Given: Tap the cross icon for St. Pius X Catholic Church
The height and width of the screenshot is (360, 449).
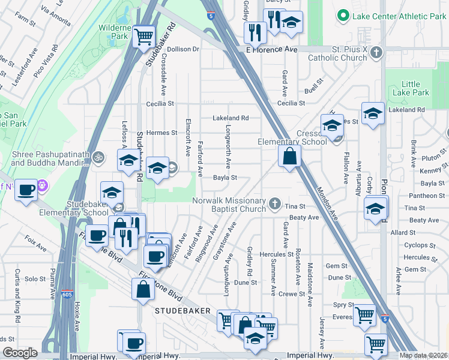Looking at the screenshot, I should coord(376,52).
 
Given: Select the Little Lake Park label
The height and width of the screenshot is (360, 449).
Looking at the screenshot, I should coord(415,88).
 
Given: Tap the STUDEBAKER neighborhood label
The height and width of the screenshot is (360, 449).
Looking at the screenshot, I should coord(182,311).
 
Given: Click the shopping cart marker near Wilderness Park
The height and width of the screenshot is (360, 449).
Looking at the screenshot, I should coord(144,37).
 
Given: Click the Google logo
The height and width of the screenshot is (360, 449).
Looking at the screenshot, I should coord(20,353).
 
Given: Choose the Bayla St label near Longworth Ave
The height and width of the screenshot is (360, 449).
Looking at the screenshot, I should coord(225,178).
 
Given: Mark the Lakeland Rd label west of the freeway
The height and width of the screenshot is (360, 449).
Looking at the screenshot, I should coord(230,118).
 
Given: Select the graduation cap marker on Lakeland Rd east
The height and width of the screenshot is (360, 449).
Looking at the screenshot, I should coord(373,113).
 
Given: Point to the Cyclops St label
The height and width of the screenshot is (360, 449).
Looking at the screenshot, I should coord(415,245).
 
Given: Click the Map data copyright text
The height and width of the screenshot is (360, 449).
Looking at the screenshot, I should coord(424,355).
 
